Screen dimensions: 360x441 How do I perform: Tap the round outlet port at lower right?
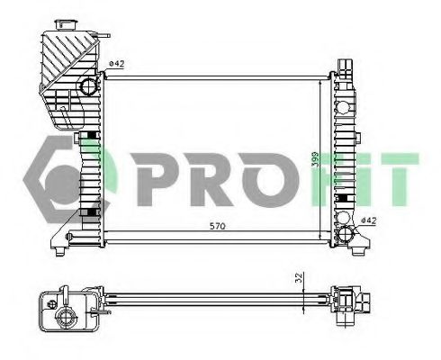pos(345,236)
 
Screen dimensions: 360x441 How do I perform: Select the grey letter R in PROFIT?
pos(202,175)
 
